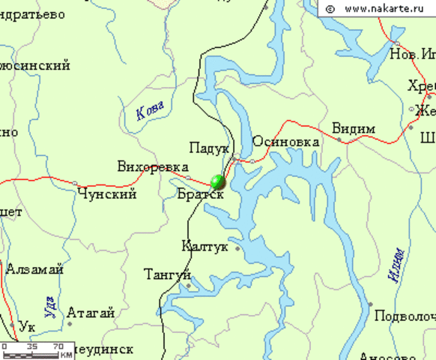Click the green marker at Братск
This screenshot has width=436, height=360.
pyautogui.click(x=218, y=181)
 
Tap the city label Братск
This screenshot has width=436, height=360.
pyautogui.click(x=201, y=193)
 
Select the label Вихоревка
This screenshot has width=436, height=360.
pyautogui.click(x=153, y=166)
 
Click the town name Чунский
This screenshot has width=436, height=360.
pyautogui.click(x=107, y=194)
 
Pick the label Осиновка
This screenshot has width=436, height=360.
pyautogui.click(x=286, y=141)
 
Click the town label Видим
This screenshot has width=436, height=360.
pyautogui.click(x=353, y=128)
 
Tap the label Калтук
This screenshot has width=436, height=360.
pyautogui.click(x=206, y=245)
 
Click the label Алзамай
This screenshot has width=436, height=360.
pyautogui.click(x=34, y=269)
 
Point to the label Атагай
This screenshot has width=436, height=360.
pyautogui.click(x=91, y=313)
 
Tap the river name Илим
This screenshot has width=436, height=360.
pyautogui.click(x=397, y=265)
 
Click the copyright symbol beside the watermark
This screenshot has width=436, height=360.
pyautogui.click(x=330, y=9)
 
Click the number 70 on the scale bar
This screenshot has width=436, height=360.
pyautogui.click(x=58, y=346)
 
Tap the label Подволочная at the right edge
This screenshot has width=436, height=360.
pyautogui.click(x=405, y=315)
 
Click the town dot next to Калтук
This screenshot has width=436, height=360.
pyautogui.click(x=237, y=247)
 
